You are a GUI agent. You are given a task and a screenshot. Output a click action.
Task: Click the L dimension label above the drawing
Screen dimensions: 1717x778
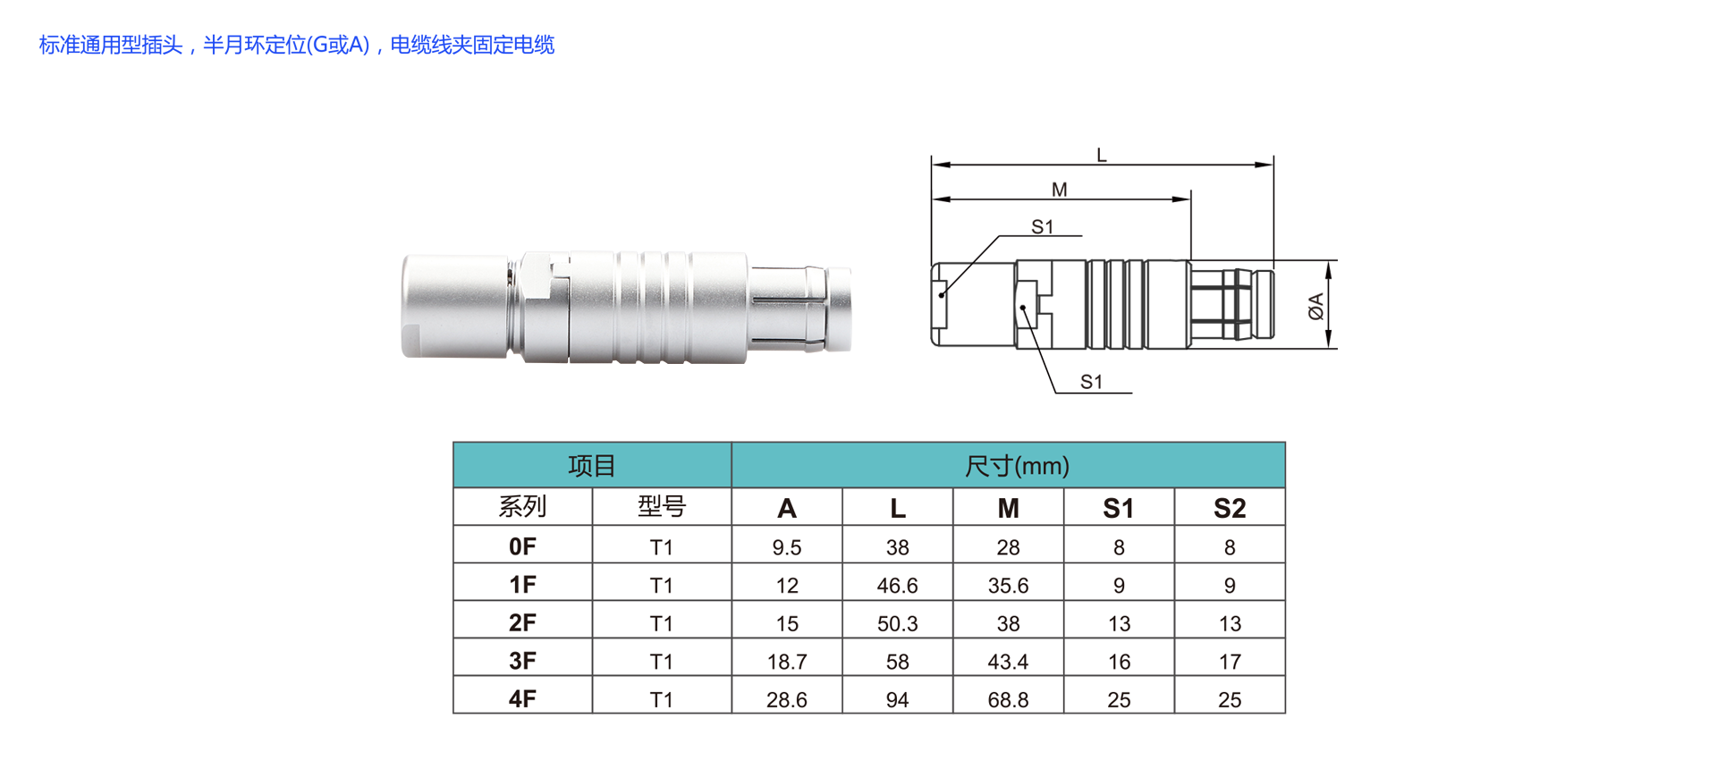point(1101,156)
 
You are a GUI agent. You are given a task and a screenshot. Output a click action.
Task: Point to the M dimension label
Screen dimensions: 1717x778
point(1060,190)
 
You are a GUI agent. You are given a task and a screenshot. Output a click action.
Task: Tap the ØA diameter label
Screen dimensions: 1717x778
point(1315,307)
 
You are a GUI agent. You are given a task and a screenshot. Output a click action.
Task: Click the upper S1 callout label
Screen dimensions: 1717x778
point(1043,227)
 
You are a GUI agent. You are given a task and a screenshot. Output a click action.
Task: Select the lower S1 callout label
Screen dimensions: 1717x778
point(1092,382)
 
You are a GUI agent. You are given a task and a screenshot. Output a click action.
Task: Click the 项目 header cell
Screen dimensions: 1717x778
point(592,465)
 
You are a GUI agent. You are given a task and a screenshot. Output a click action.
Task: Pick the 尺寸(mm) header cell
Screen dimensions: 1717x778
point(1009,465)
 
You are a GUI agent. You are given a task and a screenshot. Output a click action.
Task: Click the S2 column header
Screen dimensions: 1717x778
point(1230,508)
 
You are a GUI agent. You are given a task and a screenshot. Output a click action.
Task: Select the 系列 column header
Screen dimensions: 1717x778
point(522,507)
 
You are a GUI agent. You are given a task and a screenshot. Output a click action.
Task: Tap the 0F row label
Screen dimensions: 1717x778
point(522,546)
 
